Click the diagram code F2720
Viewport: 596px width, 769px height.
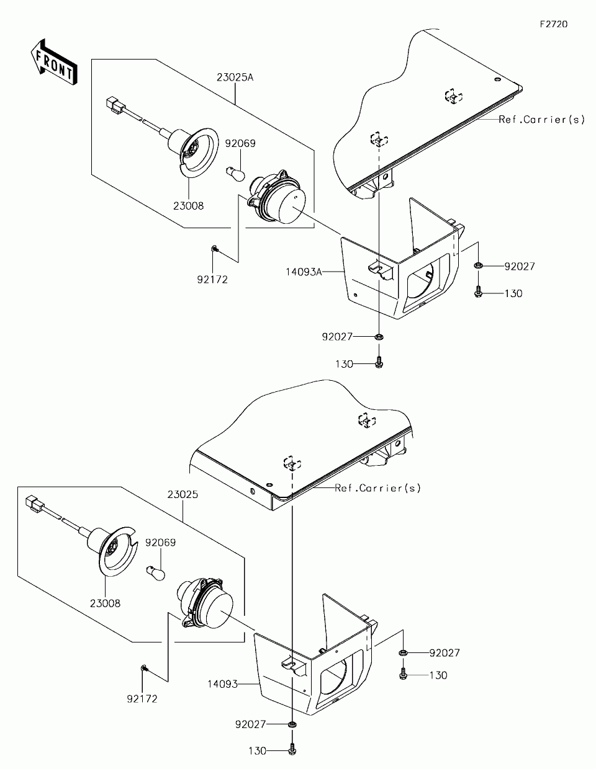553,24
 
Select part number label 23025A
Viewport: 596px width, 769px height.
235,78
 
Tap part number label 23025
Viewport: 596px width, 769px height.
183,495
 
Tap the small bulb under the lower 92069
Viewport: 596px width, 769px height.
155,572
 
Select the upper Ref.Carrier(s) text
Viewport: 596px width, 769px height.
541,120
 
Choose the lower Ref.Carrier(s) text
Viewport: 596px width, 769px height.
377,488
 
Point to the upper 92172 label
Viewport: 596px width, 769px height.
212,280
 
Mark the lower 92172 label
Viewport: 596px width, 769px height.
142,699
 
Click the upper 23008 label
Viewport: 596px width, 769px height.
188,206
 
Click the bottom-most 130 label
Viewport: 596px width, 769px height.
257,750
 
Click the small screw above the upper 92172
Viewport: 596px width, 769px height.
214,248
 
